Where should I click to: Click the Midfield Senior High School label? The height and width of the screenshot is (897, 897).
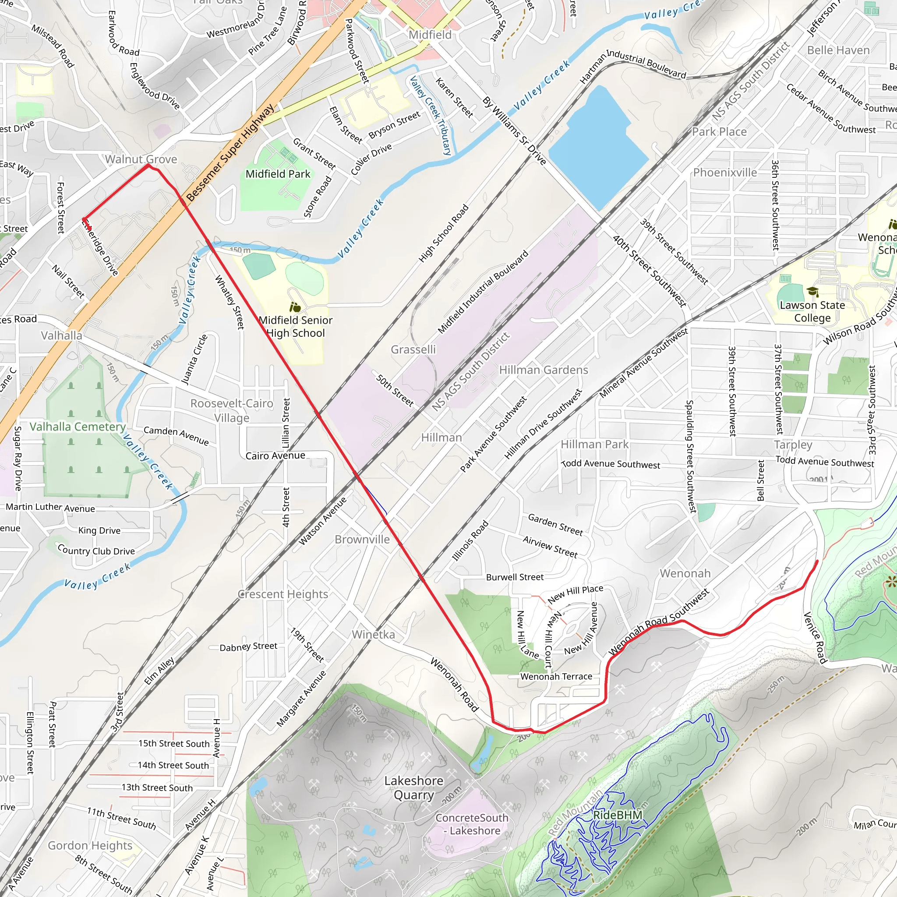pos(296,326)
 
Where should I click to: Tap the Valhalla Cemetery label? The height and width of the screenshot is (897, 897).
pos(78,427)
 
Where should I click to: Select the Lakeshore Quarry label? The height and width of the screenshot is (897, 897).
pos(413,788)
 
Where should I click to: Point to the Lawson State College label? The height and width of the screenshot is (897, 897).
pos(812,311)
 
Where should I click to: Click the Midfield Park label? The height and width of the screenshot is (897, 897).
pos(278,174)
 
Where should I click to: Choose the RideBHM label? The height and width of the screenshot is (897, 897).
pos(618,815)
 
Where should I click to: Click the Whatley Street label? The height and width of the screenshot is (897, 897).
pos(230,302)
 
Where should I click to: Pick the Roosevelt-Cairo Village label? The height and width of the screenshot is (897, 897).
pos(232,410)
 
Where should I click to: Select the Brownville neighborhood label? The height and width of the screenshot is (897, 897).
pos(362,540)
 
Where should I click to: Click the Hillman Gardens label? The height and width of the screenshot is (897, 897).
pos(543,370)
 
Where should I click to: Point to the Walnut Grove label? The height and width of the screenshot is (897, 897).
pos(141,159)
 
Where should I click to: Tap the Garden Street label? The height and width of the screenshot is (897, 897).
pos(555,525)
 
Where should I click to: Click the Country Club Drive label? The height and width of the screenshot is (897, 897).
pos(96,550)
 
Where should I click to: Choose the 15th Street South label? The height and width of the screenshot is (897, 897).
pos(174,743)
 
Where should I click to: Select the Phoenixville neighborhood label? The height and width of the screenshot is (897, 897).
pos(725,173)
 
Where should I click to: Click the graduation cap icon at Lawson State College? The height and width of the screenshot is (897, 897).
pos(812,292)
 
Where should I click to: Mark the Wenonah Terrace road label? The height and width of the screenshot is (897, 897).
pos(556,676)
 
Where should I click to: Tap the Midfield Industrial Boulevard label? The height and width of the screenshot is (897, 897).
pos(483,292)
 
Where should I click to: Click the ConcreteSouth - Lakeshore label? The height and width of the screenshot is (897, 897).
pos(472,824)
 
